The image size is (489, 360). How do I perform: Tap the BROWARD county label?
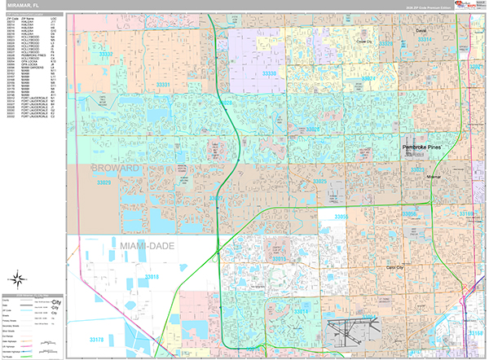(113, 169)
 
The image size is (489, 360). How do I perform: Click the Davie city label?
(421, 30)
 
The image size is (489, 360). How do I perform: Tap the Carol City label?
(394, 266)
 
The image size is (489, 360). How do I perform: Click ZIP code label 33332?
(106, 55)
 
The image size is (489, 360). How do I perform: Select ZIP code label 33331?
(163, 84)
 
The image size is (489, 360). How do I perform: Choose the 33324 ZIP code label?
(368, 79)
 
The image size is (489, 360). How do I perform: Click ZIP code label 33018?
(152, 278)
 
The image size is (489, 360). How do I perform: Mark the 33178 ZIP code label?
(96, 340)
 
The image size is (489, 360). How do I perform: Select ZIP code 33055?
(341, 217)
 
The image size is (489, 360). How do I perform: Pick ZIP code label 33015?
(278, 258)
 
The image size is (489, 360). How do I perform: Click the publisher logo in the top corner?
(469, 7)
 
